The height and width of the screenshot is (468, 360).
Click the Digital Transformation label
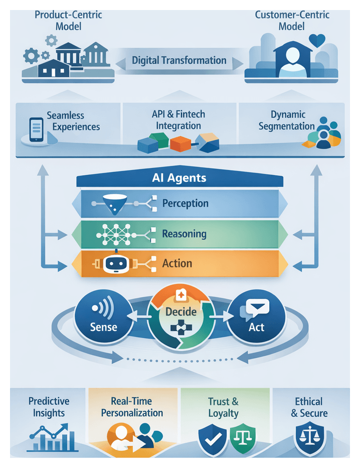pyautogui.click(x=179, y=61)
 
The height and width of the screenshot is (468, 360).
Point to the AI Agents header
pyautogui.click(x=179, y=178)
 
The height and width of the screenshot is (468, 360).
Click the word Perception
pyautogui.click(x=185, y=203)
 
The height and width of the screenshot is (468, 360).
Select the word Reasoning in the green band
pyautogui.click(x=184, y=234)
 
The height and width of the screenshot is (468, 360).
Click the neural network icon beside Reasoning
pyautogui.click(x=116, y=234)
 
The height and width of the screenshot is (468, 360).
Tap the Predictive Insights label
pyautogui.click(x=49, y=407)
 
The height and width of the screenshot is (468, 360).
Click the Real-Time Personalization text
pyautogui.click(x=132, y=407)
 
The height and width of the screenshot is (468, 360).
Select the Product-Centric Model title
pyautogui.click(x=68, y=20)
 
